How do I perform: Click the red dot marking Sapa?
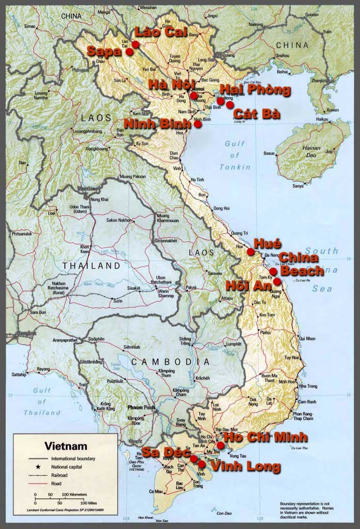pyautogui.click(x=130, y=51)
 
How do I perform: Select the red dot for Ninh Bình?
pyautogui.click(x=198, y=124)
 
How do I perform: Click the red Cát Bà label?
pyautogui.click(x=257, y=114)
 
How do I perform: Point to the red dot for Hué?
pyautogui.click(x=251, y=252)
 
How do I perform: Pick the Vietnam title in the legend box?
pyautogui.click(x=66, y=445)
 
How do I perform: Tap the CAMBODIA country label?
pyautogui.click(x=170, y=362)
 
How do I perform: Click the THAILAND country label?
pyautogui.click(x=91, y=266)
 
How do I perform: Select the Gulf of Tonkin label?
pyautogui.click(x=235, y=155)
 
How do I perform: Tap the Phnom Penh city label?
pyautogui.click(x=141, y=408)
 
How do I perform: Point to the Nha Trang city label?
pyautogui.click(x=309, y=386)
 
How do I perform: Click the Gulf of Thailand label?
pyautogui.click(x=42, y=401)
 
